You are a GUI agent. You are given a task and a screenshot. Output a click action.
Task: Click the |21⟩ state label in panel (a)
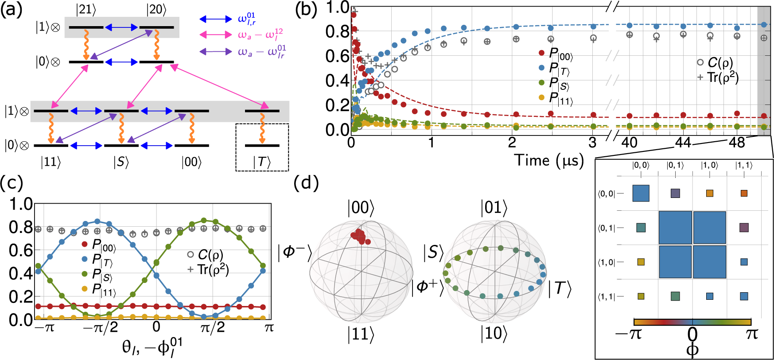pos(86,9)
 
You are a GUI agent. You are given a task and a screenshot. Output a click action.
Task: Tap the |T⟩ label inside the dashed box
pos(262,162)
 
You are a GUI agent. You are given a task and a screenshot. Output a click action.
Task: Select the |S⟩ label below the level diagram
pos(121,162)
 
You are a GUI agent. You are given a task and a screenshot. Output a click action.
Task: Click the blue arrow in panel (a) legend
pos(215,19)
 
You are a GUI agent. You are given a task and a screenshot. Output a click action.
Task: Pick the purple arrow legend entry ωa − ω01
pos(215,52)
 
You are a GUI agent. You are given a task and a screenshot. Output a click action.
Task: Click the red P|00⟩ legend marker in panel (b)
pos(541,53)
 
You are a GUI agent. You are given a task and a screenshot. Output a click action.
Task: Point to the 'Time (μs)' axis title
pos(548,160)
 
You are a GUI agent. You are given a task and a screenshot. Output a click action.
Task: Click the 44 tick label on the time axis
pos(683,143)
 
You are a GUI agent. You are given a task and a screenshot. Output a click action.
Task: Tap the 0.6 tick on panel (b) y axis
pos(337,56)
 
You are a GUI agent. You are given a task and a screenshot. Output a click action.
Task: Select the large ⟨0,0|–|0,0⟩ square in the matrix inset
pos(641,194)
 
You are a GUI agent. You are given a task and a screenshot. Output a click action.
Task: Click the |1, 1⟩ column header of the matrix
pos(744,165)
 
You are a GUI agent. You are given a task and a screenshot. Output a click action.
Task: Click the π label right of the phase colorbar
pos(752,333)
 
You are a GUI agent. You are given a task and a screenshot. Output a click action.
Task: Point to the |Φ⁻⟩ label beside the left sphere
pos(295,252)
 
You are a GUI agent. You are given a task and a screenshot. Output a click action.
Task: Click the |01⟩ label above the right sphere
pos(494,208)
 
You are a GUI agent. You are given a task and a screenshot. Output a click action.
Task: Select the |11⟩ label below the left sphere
pos(361,334)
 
